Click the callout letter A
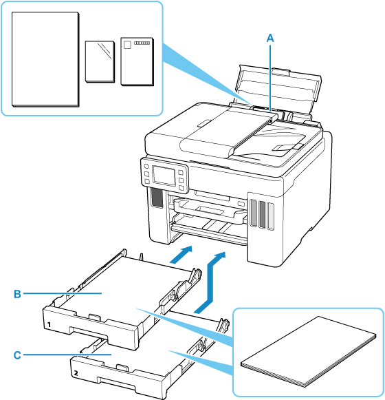(270, 39)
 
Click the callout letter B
(17, 294)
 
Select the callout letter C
(17, 355)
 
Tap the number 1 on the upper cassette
(49, 325)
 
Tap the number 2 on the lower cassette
(76, 373)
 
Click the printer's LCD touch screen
(164, 176)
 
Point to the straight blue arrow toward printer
(181, 255)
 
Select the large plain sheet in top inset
(45, 59)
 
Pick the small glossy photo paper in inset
(100, 61)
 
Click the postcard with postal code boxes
(137, 61)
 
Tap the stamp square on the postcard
(127, 45)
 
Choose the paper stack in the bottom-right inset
(308, 352)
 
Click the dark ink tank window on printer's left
(157, 198)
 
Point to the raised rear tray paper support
(278, 92)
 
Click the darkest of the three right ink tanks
(262, 214)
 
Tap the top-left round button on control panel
(146, 167)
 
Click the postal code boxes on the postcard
(142, 43)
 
